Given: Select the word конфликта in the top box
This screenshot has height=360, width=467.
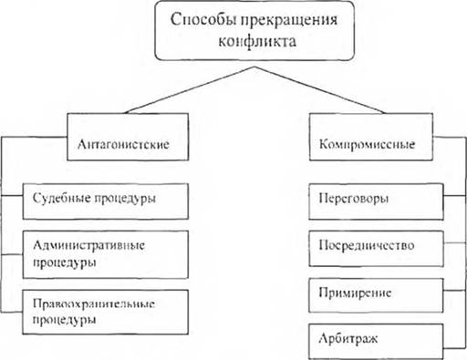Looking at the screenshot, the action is [257, 41].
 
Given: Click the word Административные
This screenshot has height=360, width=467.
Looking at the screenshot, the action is [88, 245].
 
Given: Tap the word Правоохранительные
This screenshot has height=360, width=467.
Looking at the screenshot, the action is [94, 303].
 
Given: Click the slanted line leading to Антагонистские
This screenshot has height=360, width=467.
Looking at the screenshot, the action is [191, 90].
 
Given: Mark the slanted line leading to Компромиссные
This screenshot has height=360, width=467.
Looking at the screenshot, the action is [320, 90].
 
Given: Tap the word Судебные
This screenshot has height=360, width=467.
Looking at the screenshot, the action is [62, 198].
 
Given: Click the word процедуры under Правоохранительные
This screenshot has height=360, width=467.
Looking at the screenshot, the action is [65, 321].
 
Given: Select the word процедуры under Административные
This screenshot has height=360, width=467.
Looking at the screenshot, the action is [65, 262].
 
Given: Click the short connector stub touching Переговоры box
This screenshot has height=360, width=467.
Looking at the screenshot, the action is [455, 195].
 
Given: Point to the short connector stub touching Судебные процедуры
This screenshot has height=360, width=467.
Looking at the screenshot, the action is [12, 195].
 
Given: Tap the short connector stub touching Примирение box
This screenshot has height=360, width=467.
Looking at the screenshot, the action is [455, 290].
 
